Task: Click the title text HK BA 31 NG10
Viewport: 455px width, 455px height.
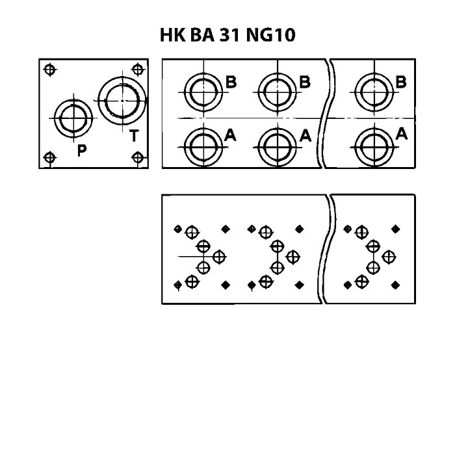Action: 227,36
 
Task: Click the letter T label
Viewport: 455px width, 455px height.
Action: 134,136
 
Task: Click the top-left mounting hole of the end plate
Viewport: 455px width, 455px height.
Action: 49,69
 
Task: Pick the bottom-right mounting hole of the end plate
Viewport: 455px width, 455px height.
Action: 138,157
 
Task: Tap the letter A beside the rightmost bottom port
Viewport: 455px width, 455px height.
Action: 402,134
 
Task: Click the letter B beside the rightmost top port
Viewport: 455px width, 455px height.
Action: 402,82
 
